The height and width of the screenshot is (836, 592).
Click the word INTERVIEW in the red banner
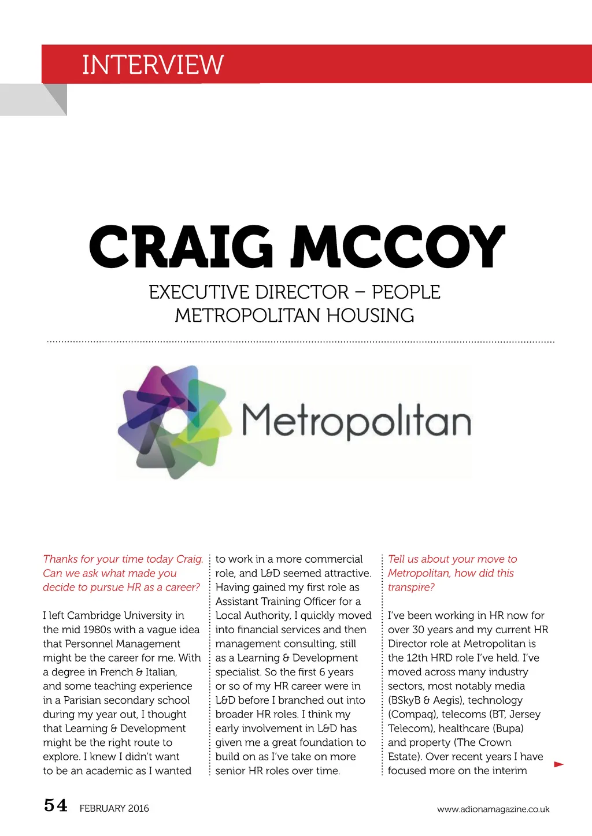click(x=153, y=65)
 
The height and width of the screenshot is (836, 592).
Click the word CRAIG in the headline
click(x=181, y=247)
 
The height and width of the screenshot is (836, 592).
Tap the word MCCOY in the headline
click(x=398, y=247)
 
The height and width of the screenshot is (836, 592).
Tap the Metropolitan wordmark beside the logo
click(x=356, y=422)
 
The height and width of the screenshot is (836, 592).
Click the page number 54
click(x=55, y=805)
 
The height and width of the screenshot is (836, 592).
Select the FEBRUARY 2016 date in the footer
click(x=114, y=808)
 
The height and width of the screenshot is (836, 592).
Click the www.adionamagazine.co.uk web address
click(x=493, y=809)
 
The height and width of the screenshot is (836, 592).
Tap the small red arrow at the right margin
click(x=558, y=764)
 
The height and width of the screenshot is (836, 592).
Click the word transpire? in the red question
click(x=411, y=588)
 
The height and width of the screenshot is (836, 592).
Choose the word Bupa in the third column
click(x=508, y=729)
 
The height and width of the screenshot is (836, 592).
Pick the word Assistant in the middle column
click(x=237, y=601)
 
